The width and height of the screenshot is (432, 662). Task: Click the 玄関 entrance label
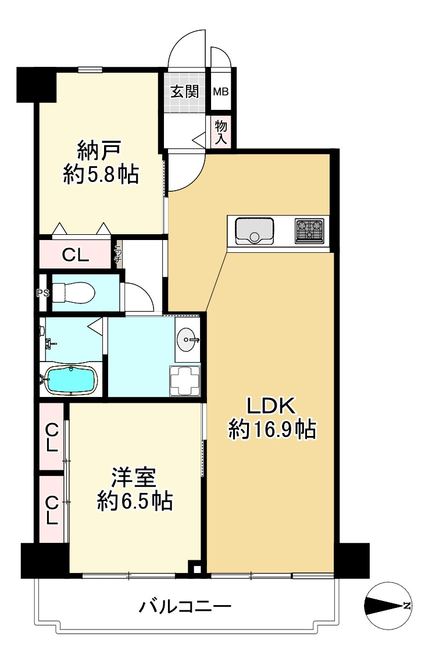click(185, 91)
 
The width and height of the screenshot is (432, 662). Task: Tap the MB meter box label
click(220, 91)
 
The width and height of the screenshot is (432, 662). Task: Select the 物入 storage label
click(221, 131)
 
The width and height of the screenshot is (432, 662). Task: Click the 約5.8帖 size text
click(101, 174)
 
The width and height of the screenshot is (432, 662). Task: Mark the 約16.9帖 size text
click(272, 430)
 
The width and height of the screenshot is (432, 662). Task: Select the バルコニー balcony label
click(185, 608)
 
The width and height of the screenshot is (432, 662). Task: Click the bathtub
click(70, 380)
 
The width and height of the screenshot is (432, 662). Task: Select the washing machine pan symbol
click(184, 380)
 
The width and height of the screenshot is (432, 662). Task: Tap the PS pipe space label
click(42, 293)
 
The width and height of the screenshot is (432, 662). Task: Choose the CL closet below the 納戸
click(75, 255)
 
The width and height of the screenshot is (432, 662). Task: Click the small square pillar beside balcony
click(197, 570)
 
